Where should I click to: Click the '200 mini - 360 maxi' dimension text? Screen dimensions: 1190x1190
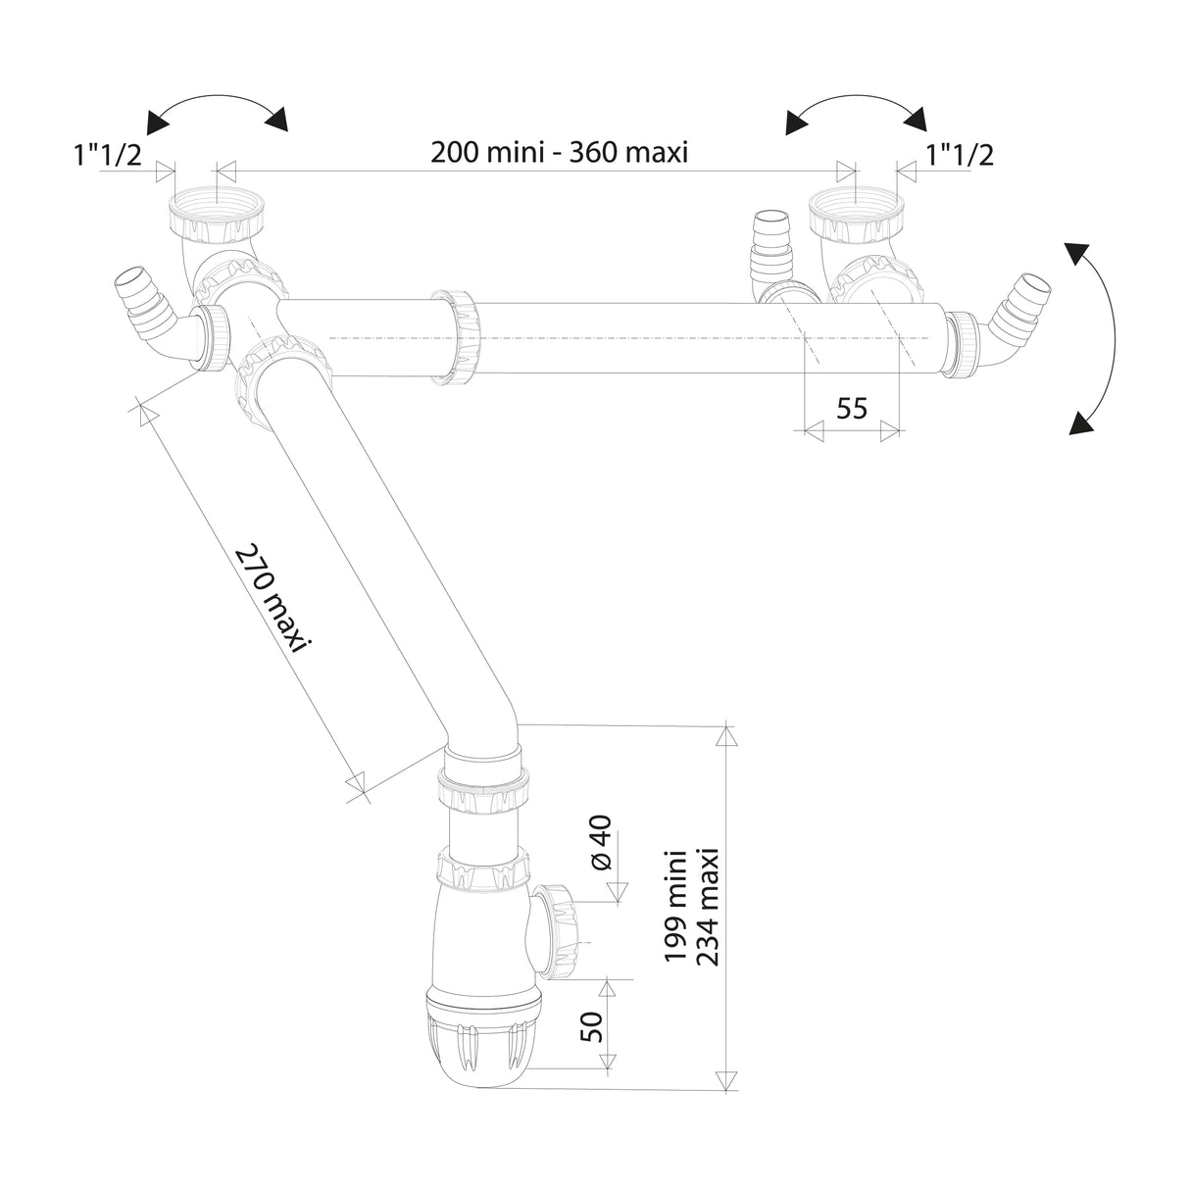pos(559,154)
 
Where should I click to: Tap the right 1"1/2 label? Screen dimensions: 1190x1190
pos(959,154)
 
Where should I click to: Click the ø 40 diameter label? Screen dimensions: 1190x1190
pos(601,842)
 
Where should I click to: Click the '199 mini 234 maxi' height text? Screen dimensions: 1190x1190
pos(692,907)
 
